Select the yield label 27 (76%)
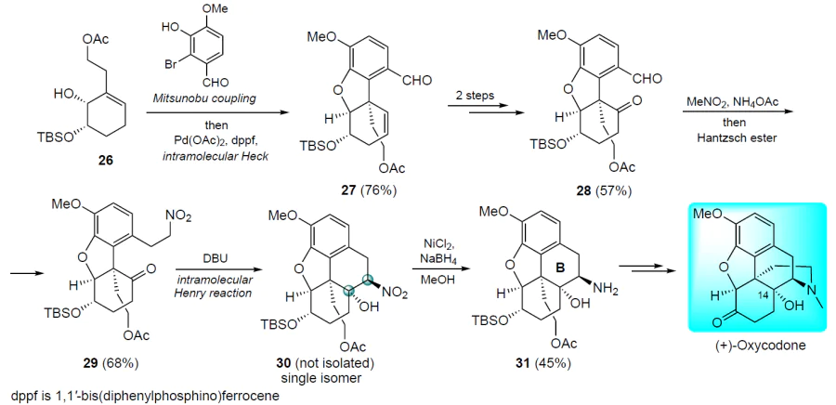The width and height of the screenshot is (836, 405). click(x=364, y=190)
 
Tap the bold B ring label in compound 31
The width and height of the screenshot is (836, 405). click(x=560, y=269)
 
